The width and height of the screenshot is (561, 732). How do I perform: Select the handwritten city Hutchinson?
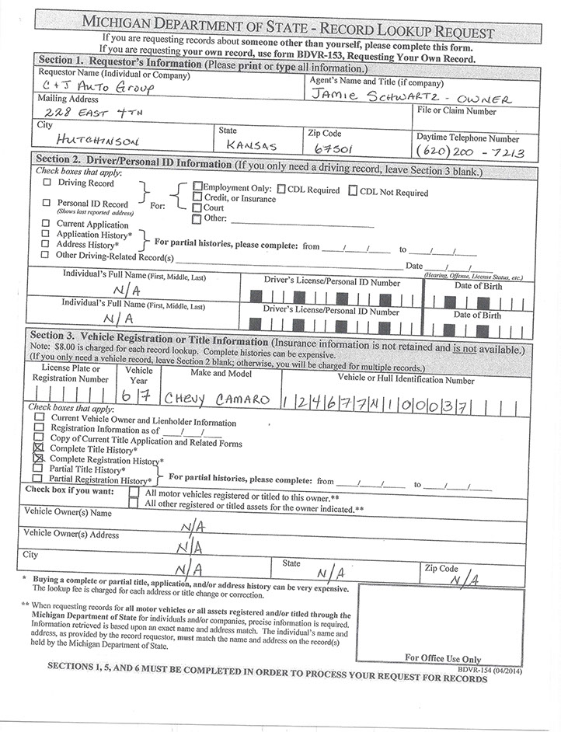[x=98, y=143]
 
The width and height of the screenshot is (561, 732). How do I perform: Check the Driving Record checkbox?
[x=47, y=183]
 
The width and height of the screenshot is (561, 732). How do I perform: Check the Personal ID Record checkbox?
[x=47, y=203]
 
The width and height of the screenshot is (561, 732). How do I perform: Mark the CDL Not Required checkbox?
[x=353, y=191]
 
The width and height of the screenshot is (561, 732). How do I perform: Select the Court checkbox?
[x=197, y=208]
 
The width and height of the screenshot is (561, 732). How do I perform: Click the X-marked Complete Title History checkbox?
[x=39, y=449]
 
